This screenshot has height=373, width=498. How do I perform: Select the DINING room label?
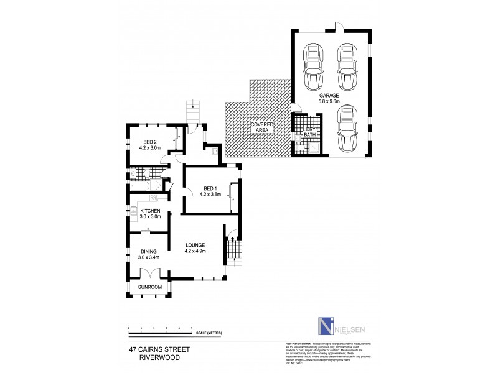tap(148, 250)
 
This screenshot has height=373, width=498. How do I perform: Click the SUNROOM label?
tap(149, 287)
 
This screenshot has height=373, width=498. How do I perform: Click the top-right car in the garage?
tap(347, 67)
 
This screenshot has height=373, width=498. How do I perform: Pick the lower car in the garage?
tap(347, 129)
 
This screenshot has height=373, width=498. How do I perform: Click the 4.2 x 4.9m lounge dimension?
tap(195, 251)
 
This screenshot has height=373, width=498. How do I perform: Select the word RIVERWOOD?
tap(140, 359)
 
